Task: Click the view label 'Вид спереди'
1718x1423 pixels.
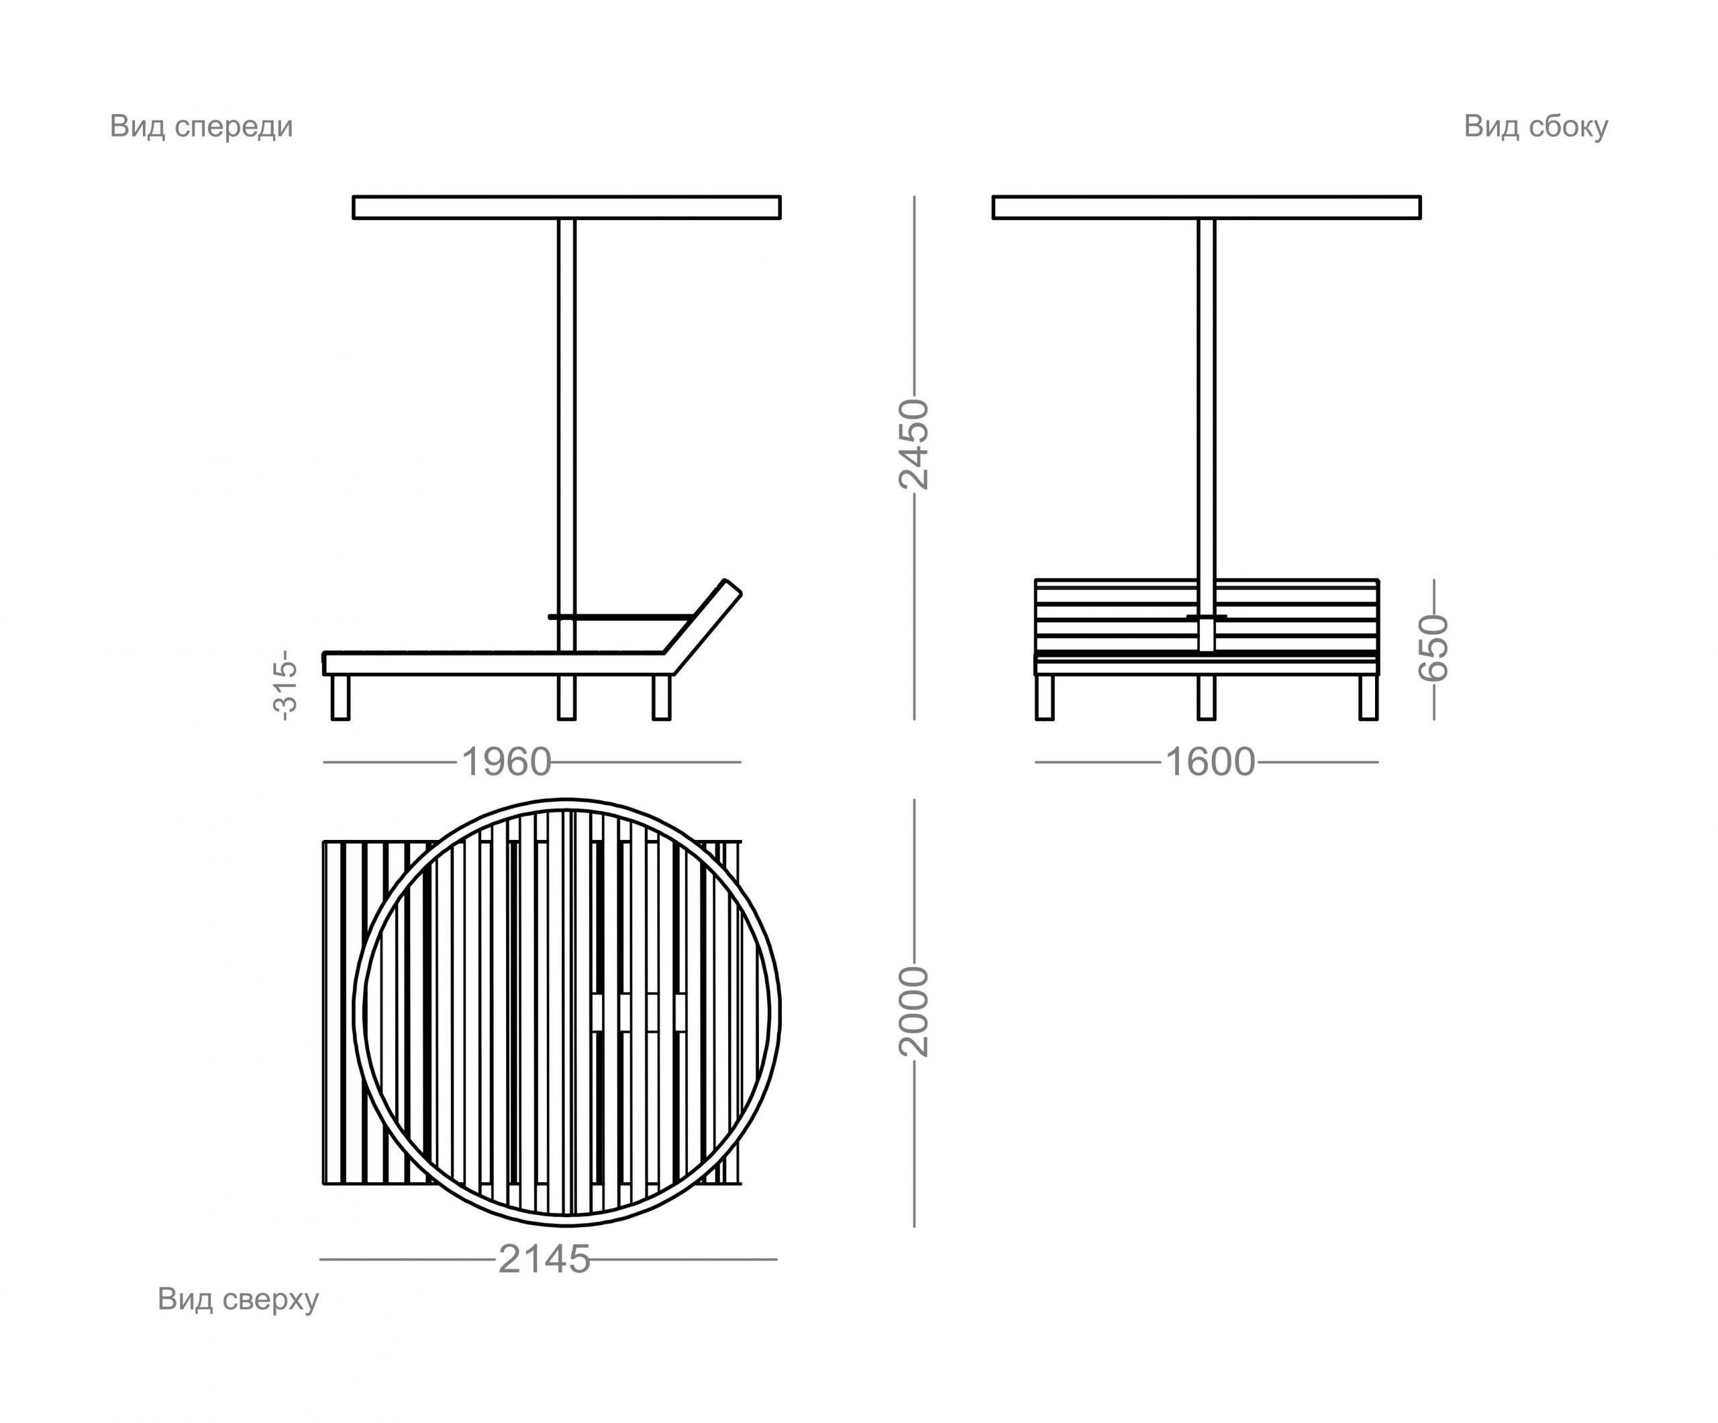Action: click(x=201, y=127)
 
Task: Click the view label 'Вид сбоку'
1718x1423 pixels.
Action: click(x=1535, y=127)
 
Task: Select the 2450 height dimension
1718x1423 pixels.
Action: click(x=915, y=444)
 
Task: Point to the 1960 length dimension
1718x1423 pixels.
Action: click(x=507, y=762)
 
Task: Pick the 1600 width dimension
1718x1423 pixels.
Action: click(x=1209, y=762)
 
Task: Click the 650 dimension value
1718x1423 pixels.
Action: click(x=1433, y=649)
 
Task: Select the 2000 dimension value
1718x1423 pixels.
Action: click(x=915, y=1012)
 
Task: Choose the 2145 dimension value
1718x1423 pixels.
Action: click(x=544, y=1259)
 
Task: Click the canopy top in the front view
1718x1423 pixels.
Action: click(x=567, y=208)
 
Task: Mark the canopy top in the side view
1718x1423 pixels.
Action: click(x=1207, y=208)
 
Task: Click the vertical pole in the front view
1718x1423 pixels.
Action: click(x=567, y=470)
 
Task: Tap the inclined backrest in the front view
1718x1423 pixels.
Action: click(x=703, y=627)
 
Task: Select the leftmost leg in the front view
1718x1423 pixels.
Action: click(x=340, y=698)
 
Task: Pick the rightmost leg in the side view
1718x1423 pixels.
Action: click(x=1368, y=698)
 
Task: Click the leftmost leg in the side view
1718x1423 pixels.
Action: click(x=1045, y=698)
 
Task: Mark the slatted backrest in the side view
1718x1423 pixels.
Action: click(x=1207, y=616)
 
